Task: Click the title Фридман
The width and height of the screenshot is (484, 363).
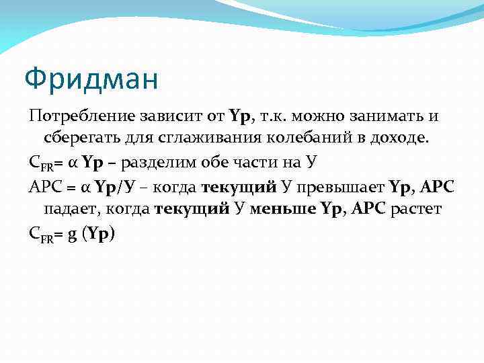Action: (91, 79)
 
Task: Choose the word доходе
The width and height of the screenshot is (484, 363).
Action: (397, 139)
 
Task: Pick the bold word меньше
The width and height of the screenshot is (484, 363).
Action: (284, 209)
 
